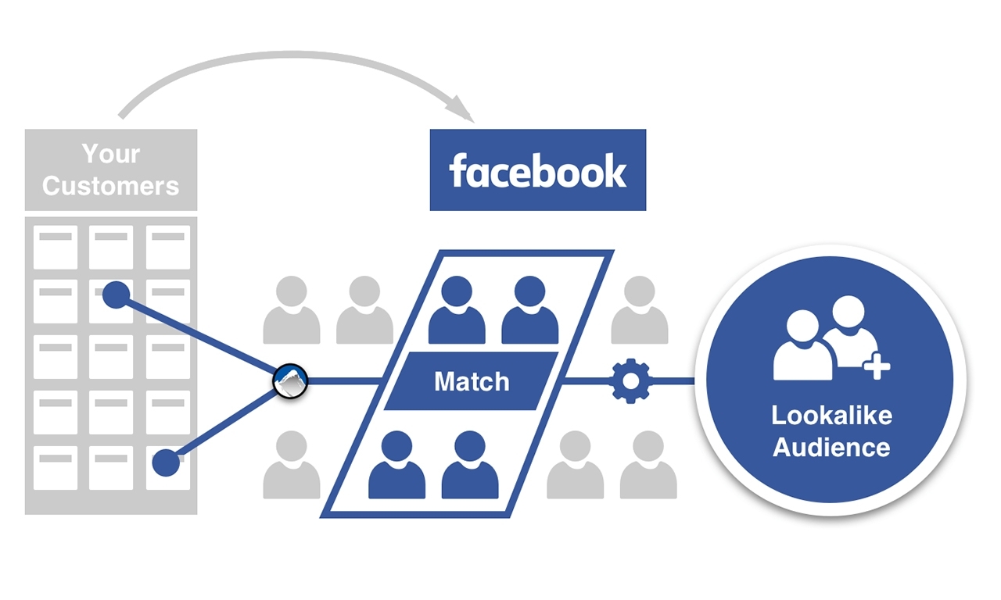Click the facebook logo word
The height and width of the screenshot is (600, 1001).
click(538, 170)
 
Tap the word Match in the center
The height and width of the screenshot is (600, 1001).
click(472, 381)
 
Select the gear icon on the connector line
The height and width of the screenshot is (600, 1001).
click(630, 381)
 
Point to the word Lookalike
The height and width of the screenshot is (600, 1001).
click(831, 415)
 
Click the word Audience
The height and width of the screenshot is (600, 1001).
click(831, 448)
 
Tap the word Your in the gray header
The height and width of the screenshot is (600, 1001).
click(111, 154)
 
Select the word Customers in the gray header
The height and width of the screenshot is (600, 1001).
click(111, 186)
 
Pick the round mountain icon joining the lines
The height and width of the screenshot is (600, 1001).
click(291, 381)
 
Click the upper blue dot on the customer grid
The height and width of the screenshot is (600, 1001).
click(117, 295)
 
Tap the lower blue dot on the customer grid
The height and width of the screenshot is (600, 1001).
click(166, 462)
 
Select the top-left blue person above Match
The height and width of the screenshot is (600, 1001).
click(457, 310)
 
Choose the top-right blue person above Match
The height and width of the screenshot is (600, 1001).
click(529, 310)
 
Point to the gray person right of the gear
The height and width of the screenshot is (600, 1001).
click(639, 310)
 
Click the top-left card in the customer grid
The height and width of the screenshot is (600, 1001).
click(56, 247)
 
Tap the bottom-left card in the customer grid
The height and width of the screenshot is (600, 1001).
click(56, 467)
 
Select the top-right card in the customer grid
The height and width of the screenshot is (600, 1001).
click(168, 247)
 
